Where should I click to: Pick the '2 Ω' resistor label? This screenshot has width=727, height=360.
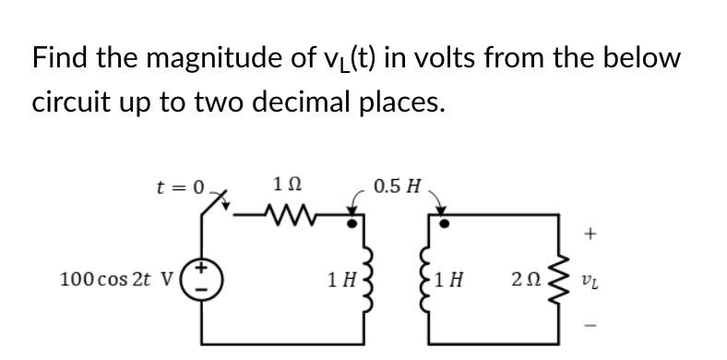pos(523,277)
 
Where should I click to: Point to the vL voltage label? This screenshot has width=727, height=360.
pos(594,278)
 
